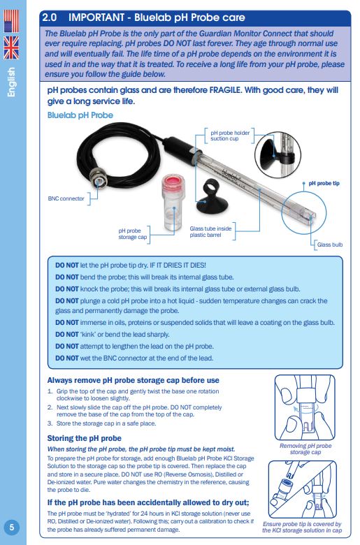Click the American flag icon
[11, 21]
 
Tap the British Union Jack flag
[11, 48]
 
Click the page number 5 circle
[12, 527]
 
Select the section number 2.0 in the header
[50, 17]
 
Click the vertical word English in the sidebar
[11, 82]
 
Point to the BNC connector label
[66, 198]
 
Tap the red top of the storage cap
[173, 182]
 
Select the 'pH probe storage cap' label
[133, 234]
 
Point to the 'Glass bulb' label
[330, 245]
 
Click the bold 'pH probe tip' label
[324, 183]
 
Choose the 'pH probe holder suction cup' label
[230, 136]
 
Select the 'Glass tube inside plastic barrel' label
[210, 231]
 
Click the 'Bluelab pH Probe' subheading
[80, 115]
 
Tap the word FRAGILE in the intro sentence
[225, 90]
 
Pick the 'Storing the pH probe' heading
[84, 438]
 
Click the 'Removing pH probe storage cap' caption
[305, 449]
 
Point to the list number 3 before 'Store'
[50, 423]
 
